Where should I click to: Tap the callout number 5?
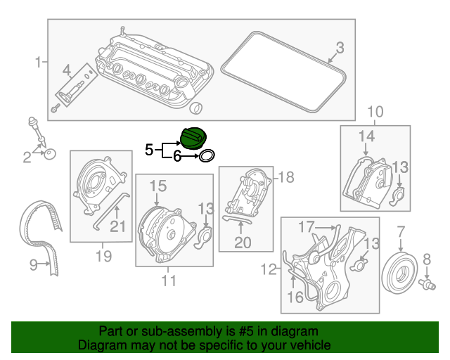click(x=148, y=150)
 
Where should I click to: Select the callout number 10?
click(x=375, y=111)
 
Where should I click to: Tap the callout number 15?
click(x=157, y=186)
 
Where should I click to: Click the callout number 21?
click(x=117, y=226)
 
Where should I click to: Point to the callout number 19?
click(x=103, y=256)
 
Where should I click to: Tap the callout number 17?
click(x=304, y=227)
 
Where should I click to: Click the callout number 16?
click(x=297, y=298)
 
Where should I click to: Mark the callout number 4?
click(x=67, y=70)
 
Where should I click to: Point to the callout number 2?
click(x=27, y=157)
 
